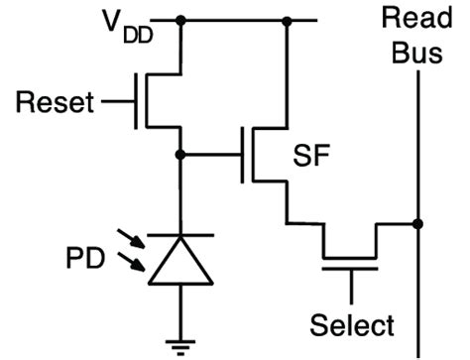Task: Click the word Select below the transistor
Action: (x=351, y=325)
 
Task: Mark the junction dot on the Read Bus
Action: (x=417, y=224)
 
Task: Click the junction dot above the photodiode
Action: (x=179, y=155)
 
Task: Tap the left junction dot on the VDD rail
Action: (x=179, y=20)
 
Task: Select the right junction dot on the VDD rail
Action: (x=288, y=20)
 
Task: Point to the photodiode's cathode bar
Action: (x=179, y=235)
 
